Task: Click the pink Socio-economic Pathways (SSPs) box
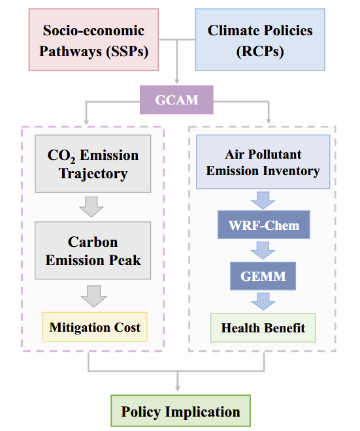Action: click(93, 40)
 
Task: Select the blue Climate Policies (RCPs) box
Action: click(260, 40)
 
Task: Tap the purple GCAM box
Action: click(176, 100)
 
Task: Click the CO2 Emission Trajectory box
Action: click(93, 163)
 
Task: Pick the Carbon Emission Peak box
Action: click(93, 250)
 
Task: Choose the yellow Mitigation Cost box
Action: click(95, 327)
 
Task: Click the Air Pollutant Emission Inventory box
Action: click(263, 162)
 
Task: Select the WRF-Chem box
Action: click(264, 225)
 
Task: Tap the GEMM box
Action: click(263, 276)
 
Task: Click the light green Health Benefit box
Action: click(263, 328)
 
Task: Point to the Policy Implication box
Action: click(181, 411)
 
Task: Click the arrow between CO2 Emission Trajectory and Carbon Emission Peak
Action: click(91, 207)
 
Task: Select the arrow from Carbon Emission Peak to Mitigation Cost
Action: click(94, 296)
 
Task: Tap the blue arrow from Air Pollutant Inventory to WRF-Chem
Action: click(263, 200)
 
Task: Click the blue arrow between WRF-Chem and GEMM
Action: click(263, 250)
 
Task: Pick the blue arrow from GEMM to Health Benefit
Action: click(263, 302)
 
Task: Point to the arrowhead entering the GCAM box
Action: click(177, 82)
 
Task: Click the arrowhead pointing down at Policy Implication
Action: click(178, 389)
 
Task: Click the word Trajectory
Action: click(93, 174)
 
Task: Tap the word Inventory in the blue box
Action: click(291, 171)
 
